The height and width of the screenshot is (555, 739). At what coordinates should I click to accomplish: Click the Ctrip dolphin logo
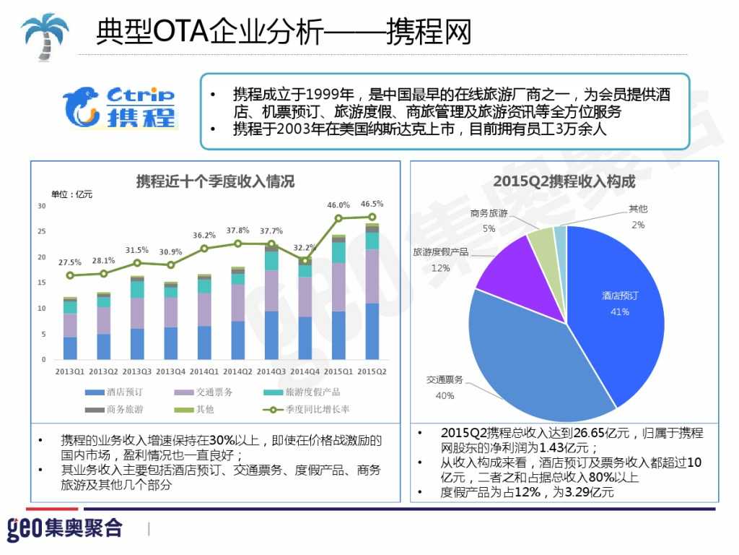[119, 106]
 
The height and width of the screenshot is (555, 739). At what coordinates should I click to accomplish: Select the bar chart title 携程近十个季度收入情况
[215, 181]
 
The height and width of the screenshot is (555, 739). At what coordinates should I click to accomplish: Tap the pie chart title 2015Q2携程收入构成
[564, 181]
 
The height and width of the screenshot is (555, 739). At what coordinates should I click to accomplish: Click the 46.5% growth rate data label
[372, 204]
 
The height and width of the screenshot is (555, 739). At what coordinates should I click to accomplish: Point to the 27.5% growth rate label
[70, 262]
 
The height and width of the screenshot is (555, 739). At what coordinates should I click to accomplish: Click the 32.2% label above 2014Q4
[305, 248]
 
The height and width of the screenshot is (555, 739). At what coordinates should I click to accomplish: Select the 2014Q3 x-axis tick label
[271, 371]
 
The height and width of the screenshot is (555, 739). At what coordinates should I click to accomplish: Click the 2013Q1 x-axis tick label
[70, 371]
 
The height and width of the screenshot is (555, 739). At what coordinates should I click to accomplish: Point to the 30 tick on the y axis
[42, 206]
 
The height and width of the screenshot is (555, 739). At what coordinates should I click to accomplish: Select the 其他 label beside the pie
[637, 209]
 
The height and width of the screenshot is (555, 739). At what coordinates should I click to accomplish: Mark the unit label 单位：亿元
[71, 194]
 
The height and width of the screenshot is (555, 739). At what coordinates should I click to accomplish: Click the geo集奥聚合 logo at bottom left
[64, 528]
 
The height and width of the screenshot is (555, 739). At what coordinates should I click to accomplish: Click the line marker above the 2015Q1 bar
[338, 218]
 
